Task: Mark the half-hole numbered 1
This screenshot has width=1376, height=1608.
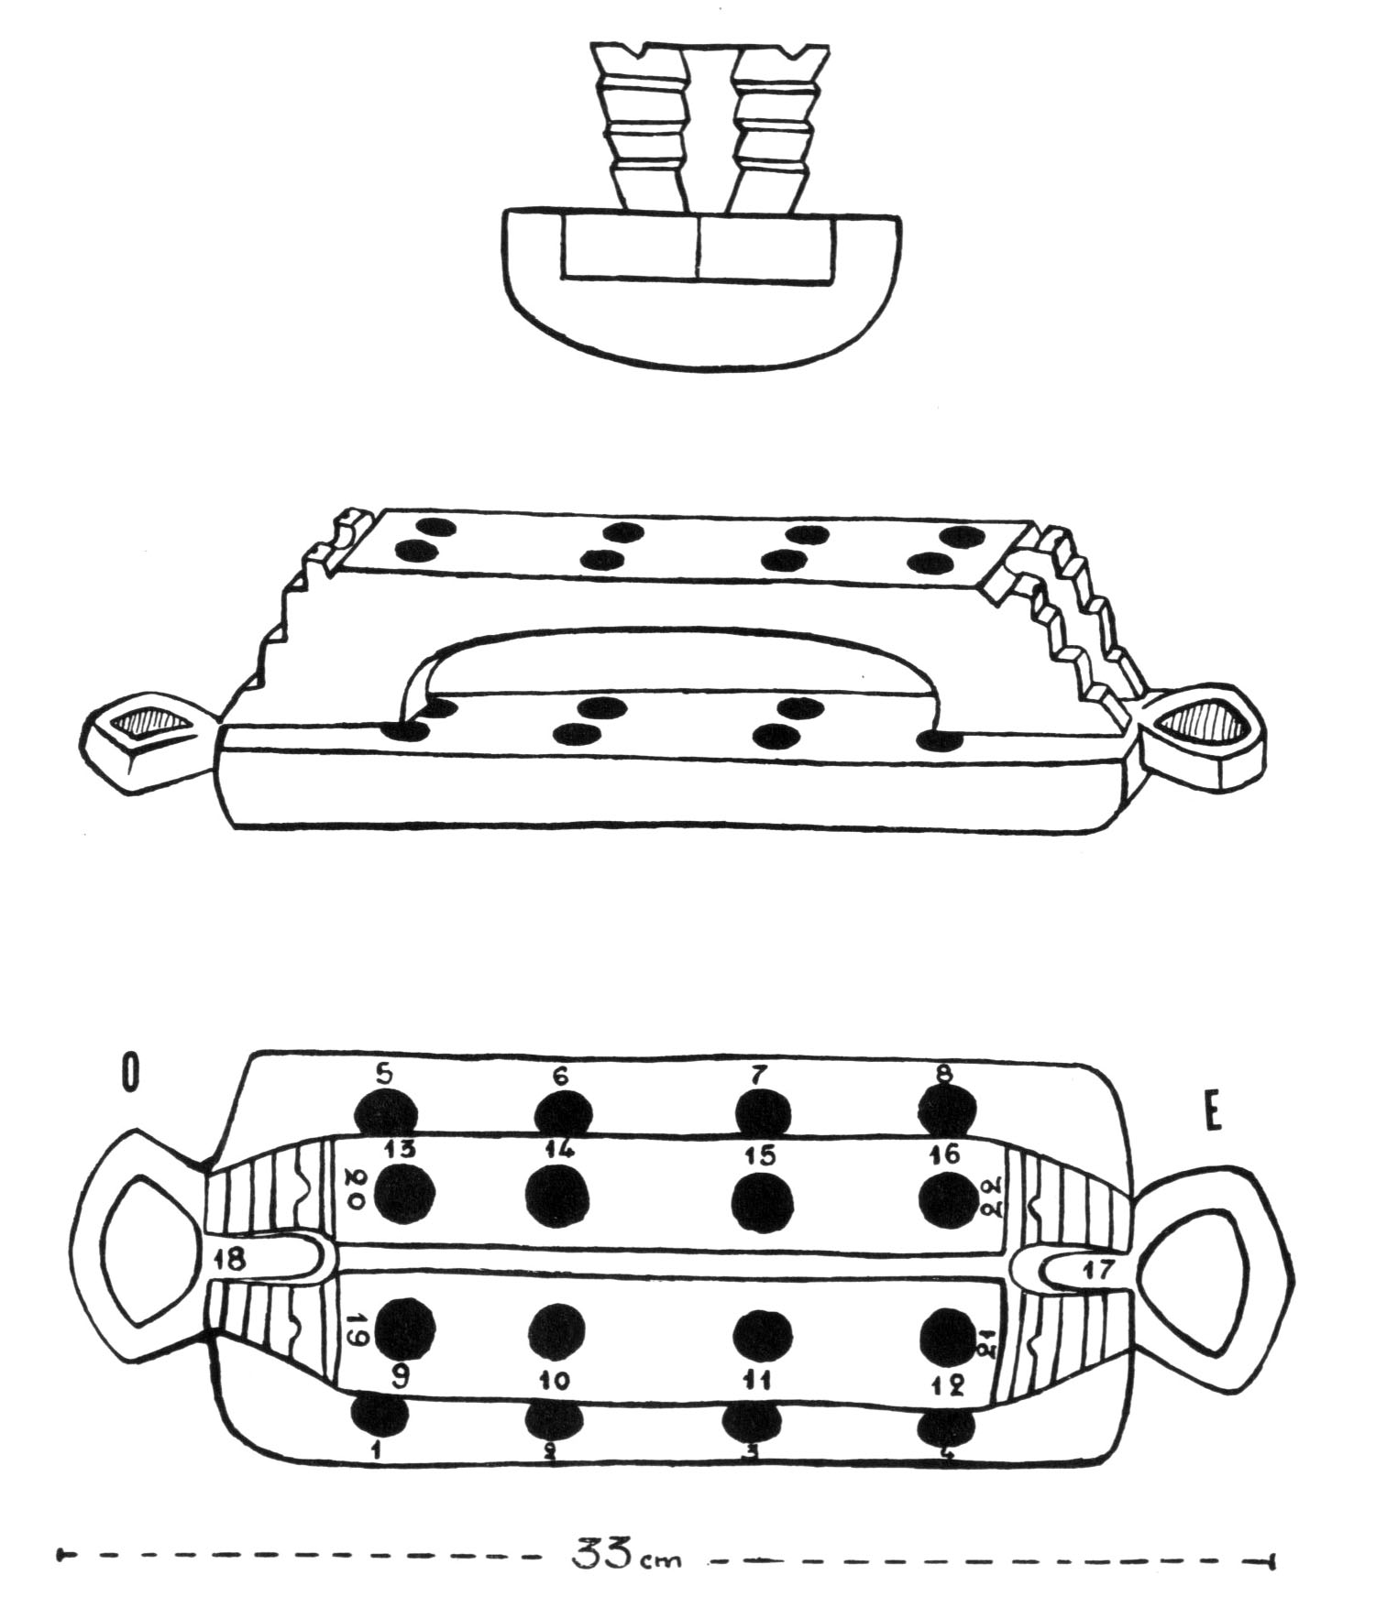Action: (x=380, y=1414)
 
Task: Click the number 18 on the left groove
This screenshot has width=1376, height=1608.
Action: (x=230, y=1261)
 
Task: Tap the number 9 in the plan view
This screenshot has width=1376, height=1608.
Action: (x=401, y=1376)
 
